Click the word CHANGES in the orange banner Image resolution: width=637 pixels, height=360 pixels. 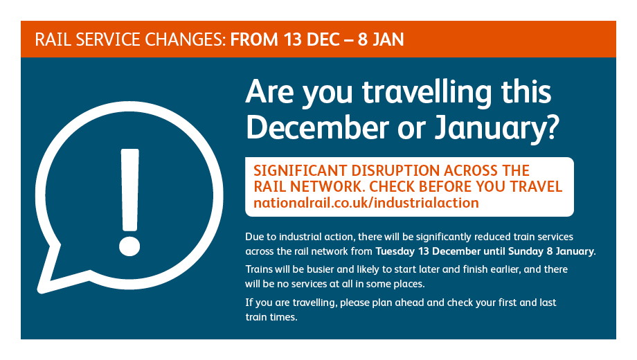tap(185, 39)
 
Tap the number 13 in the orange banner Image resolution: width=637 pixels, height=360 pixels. tap(293, 39)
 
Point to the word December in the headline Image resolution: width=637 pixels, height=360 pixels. tap(318, 127)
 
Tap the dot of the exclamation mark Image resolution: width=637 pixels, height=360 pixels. tap(129, 246)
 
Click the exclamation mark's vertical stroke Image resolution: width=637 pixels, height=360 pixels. tap(130, 190)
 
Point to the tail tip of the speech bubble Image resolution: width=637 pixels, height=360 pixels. tap(40, 290)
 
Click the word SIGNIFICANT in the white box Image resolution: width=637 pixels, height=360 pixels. tap(300, 170)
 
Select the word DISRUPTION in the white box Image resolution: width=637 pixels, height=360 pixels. tap(395, 170)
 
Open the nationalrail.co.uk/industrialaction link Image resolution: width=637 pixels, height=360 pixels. tap(366, 203)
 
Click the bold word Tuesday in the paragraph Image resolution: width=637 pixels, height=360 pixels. tap(395, 251)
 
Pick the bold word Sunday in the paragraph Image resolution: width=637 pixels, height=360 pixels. tap(526, 251)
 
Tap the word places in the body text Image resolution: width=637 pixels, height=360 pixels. tap(409, 284)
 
